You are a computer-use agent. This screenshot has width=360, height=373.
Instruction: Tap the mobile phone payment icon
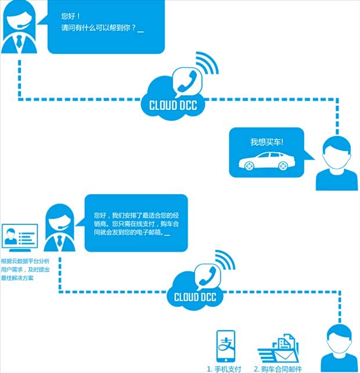[x=225, y=347]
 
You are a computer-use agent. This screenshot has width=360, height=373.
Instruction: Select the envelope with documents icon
[x=278, y=349]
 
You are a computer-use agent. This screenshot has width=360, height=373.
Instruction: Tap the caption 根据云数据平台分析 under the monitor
[x=25, y=261]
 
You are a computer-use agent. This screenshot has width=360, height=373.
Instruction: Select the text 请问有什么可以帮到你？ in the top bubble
[x=99, y=27]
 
